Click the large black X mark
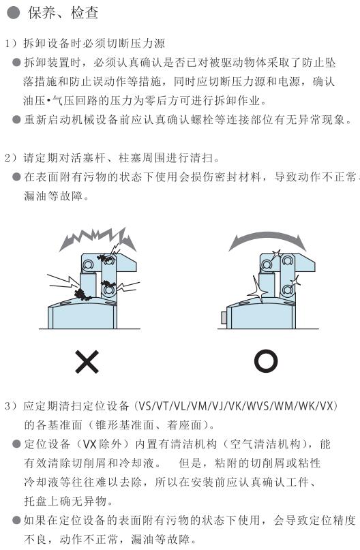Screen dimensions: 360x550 87,361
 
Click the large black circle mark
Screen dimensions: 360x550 266,361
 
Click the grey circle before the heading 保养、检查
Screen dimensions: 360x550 14,14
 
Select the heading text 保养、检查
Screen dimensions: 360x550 63,14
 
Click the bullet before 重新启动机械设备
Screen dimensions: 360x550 16,120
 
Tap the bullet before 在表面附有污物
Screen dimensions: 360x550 16,177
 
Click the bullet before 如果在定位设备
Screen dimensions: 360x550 16,520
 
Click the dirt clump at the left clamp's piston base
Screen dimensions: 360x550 82,294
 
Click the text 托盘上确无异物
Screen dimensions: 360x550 65,501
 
